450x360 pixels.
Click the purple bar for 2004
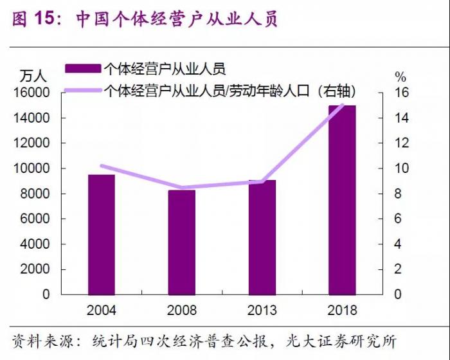[x=102, y=235]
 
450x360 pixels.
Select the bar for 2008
[x=182, y=242]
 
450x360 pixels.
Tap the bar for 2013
[x=262, y=237]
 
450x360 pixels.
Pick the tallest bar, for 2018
[x=342, y=200]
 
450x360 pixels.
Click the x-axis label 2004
[x=102, y=310]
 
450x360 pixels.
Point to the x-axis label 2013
[x=262, y=310]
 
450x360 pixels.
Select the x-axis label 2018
[x=342, y=310]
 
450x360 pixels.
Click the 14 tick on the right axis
[x=401, y=118]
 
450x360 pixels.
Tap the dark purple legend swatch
[x=82, y=68]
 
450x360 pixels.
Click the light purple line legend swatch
[x=82, y=91]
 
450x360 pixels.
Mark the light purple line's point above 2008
[x=182, y=188]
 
